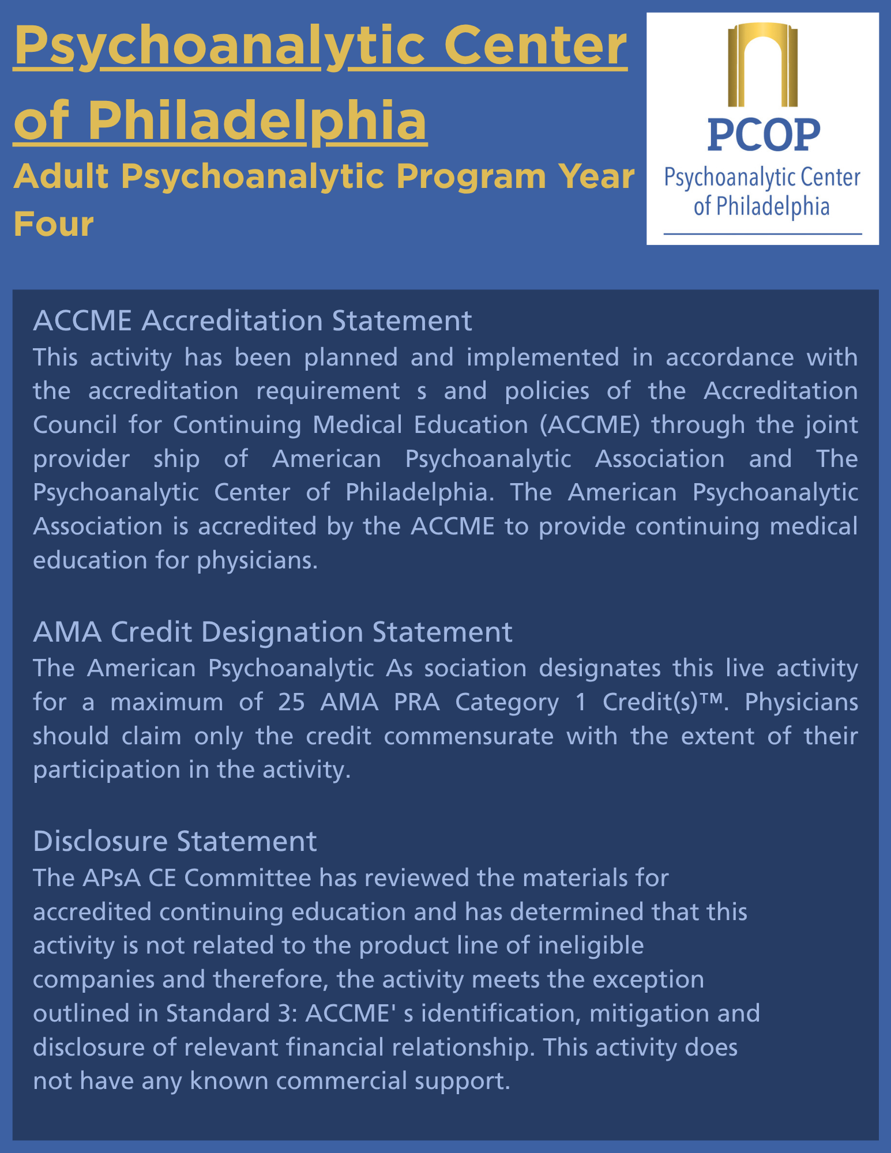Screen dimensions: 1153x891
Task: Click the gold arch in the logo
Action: (762, 63)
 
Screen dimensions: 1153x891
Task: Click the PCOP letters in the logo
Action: (764, 135)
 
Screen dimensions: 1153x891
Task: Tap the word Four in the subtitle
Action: (54, 224)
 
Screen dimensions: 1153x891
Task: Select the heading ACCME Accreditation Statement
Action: (253, 321)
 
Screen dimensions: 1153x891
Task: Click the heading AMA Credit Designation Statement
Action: (273, 632)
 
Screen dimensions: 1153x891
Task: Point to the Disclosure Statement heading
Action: (175, 841)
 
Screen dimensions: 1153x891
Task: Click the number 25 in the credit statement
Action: (291, 702)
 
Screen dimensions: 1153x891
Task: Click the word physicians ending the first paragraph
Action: (257, 560)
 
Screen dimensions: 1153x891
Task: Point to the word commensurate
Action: (468, 736)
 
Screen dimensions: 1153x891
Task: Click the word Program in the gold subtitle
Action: (471, 176)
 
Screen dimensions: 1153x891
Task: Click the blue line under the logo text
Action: (762, 234)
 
